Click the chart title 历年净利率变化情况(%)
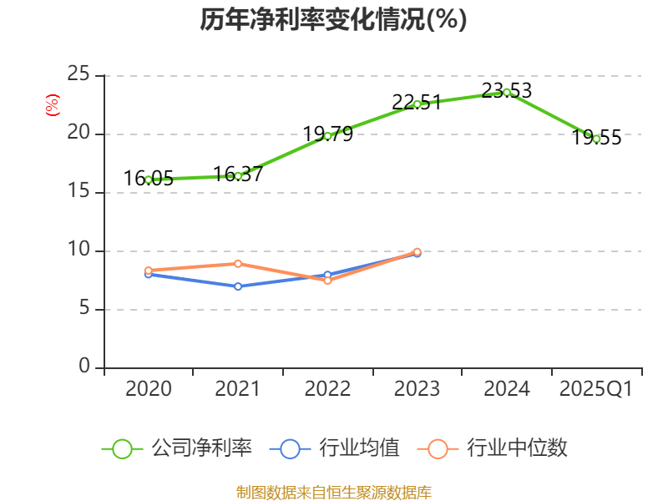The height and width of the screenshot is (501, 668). tap(333, 20)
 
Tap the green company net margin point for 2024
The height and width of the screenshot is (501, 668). tap(507, 92)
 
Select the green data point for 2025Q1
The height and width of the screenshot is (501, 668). tap(596, 139)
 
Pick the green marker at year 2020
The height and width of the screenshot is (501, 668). tap(149, 180)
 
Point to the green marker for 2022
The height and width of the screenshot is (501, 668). tap(327, 135)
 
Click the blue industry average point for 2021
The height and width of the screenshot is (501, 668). tap(238, 286)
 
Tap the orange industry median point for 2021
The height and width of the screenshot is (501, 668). tap(238, 264)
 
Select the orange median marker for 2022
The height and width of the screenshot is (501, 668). tap(327, 281)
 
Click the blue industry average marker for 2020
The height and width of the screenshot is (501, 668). tap(149, 274)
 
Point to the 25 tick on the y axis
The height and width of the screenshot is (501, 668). tap(79, 75)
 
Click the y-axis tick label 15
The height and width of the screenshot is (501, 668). tap(79, 192)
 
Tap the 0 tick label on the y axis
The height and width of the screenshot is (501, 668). tap(85, 367)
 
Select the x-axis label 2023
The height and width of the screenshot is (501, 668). tap(417, 389)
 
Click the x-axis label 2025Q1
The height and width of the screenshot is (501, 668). tap(596, 389)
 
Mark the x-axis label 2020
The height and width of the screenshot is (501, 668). tap(149, 389)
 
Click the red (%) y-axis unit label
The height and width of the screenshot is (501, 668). tap(52, 105)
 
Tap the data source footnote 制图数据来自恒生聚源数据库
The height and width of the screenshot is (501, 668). tap(333, 492)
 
